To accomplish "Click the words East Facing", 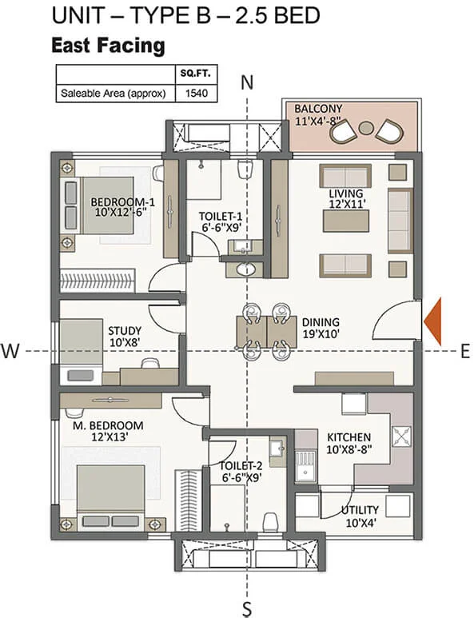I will coord(107,46).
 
